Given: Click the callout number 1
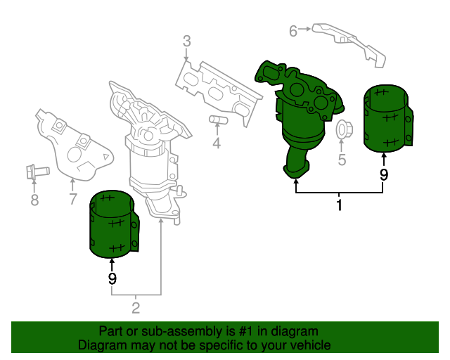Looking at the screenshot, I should point(339,206).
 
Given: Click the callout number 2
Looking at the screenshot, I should point(136,307).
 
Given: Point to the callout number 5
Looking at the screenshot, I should point(342,160).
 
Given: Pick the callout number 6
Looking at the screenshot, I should point(294,30).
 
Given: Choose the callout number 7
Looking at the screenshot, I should point(72,200).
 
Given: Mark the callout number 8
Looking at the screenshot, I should point(34,201).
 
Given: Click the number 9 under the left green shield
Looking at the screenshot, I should point(112,278).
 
